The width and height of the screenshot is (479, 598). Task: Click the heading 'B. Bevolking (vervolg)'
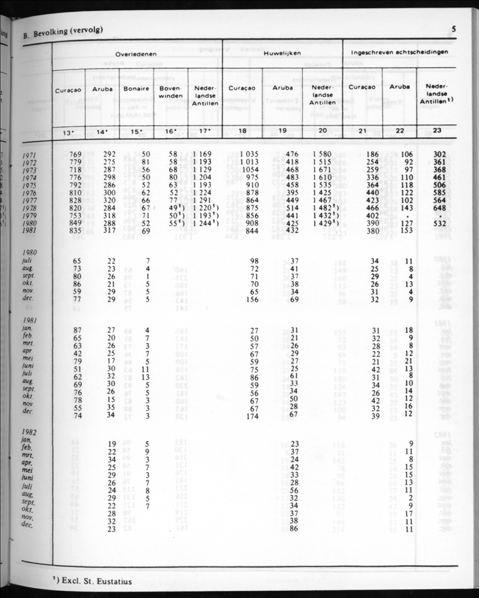pos(63,33)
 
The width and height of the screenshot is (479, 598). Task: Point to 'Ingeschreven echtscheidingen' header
pos(400,51)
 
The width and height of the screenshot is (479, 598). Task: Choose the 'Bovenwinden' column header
pos(170,92)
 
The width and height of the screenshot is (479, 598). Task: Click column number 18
pos(242,132)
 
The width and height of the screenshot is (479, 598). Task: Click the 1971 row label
pos(35,155)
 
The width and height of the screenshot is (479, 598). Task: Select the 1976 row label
pos(35,192)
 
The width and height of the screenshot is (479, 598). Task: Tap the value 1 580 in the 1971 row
pos(322,154)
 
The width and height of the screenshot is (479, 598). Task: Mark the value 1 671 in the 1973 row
pos(322,169)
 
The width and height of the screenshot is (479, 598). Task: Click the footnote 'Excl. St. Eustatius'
pos(93,580)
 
